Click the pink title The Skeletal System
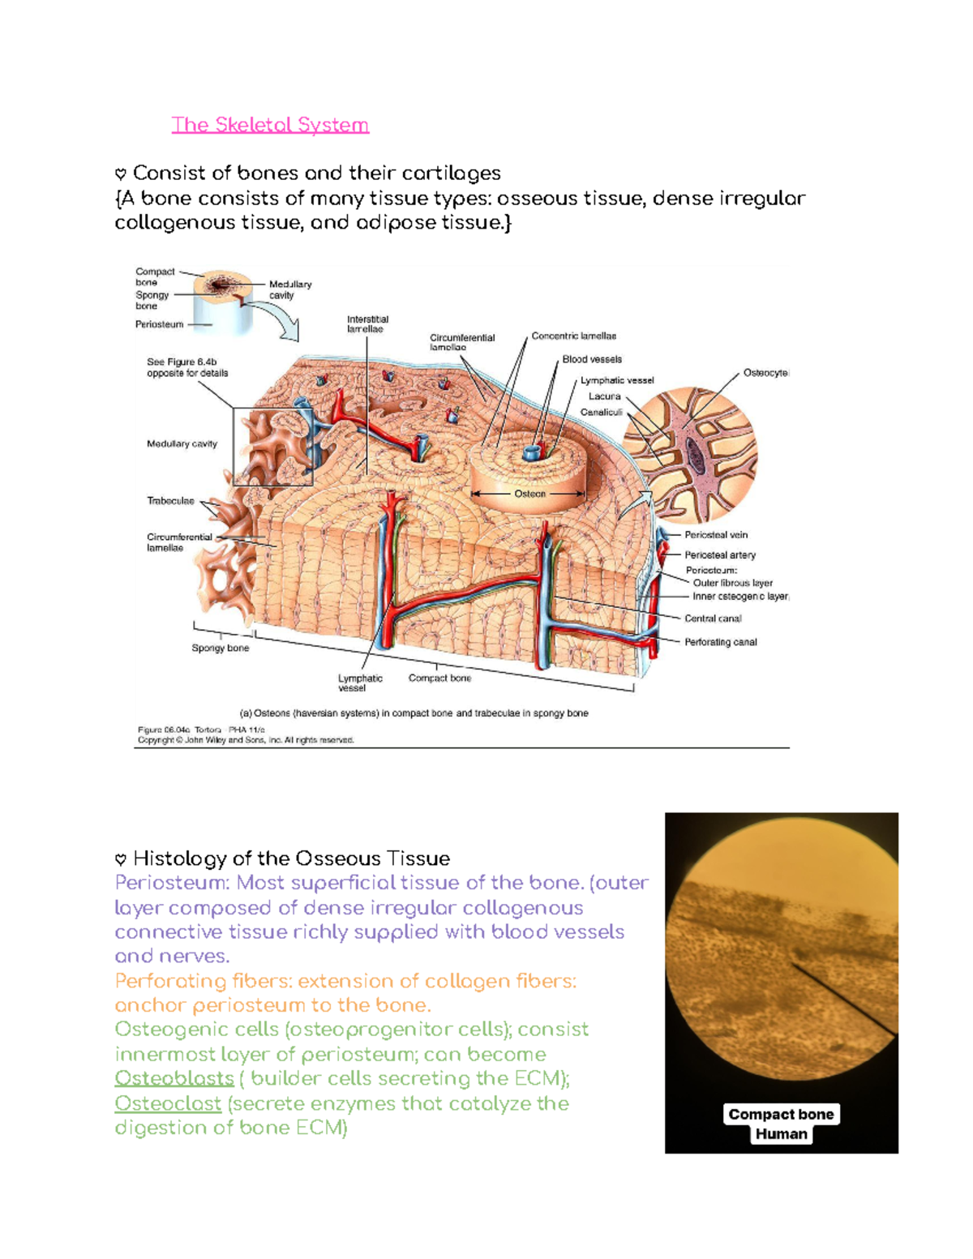click(270, 125)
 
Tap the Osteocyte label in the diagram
click(765, 373)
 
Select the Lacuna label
click(604, 396)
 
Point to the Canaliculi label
click(601, 413)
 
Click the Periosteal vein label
click(715, 535)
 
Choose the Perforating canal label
click(720, 642)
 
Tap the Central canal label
click(713, 619)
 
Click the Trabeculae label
click(170, 501)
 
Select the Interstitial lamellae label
click(367, 324)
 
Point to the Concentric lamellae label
click(573, 336)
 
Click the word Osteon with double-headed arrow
click(529, 494)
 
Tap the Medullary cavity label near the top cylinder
click(289, 289)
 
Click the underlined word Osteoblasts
click(174, 1079)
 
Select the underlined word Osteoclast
click(168, 1103)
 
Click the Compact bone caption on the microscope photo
click(781, 1114)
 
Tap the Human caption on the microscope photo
click(781, 1134)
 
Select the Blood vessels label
click(592, 359)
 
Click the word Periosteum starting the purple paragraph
click(170, 883)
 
